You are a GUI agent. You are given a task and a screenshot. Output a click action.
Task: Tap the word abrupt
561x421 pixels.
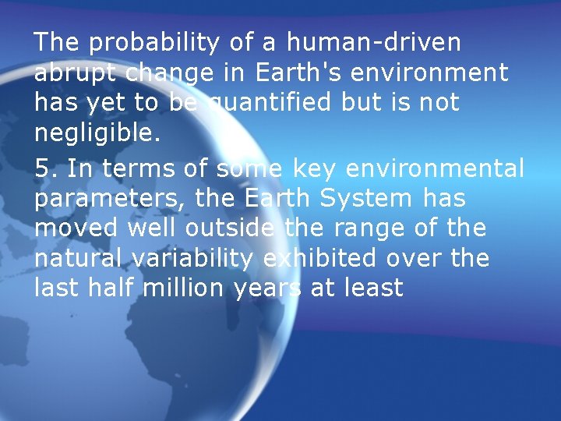pyautogui.click(x=76, y=73)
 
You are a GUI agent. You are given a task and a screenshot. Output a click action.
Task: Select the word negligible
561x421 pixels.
pyautogui.click(x=97, y=133)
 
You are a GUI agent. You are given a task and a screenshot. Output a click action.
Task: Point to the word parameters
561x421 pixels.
pyautogui.click(x=110, y=199)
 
